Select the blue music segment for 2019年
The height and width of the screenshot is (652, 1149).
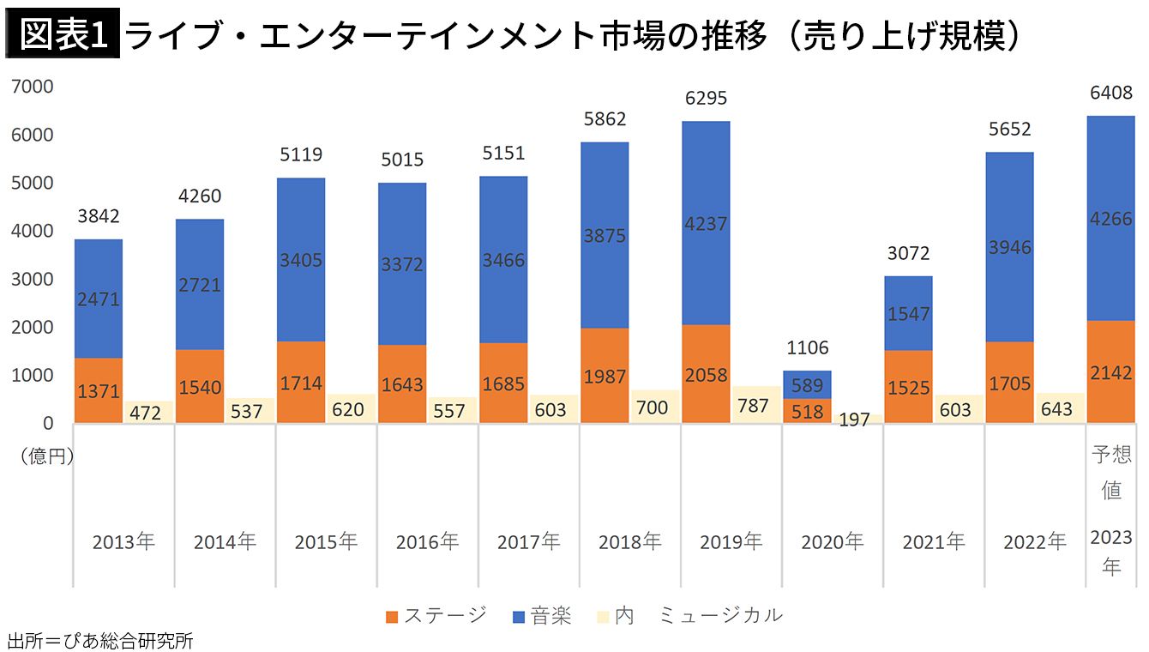tap(706, 223)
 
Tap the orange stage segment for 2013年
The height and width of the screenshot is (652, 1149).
tap(98, 390)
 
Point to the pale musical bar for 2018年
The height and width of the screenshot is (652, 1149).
tap(653, 407)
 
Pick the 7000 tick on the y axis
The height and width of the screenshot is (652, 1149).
tap(33, 87)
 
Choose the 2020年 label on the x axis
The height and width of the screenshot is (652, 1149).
tap(832, 542)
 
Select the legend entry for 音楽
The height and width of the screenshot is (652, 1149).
tap(541, 615)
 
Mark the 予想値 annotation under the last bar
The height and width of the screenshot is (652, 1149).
tap(1111, 472)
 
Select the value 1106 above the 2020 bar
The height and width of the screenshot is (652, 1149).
tap(807, 347)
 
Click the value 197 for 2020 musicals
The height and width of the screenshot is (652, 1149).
tap(855, 420)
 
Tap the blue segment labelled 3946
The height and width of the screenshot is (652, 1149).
tap(1009, 247)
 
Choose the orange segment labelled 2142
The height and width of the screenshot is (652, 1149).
tap(1110, 372)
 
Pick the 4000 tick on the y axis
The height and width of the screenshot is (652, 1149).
tap(33, 231)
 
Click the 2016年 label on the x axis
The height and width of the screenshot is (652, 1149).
tap(427, 542)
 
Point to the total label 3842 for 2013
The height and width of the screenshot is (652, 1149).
tap(98, 216)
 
